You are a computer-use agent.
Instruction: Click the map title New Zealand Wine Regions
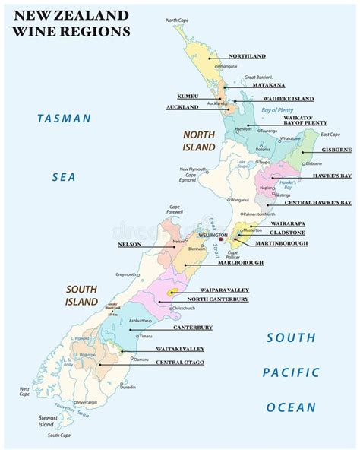[68, 23]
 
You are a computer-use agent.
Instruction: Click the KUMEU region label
[188, 97]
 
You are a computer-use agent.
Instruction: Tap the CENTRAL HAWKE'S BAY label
[317, 203]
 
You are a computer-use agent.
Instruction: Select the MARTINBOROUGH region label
[281, 243]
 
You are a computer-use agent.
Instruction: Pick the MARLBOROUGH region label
[238, 262]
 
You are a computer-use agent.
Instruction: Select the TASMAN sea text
[65, 119]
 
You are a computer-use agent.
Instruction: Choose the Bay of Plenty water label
[276, 112]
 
